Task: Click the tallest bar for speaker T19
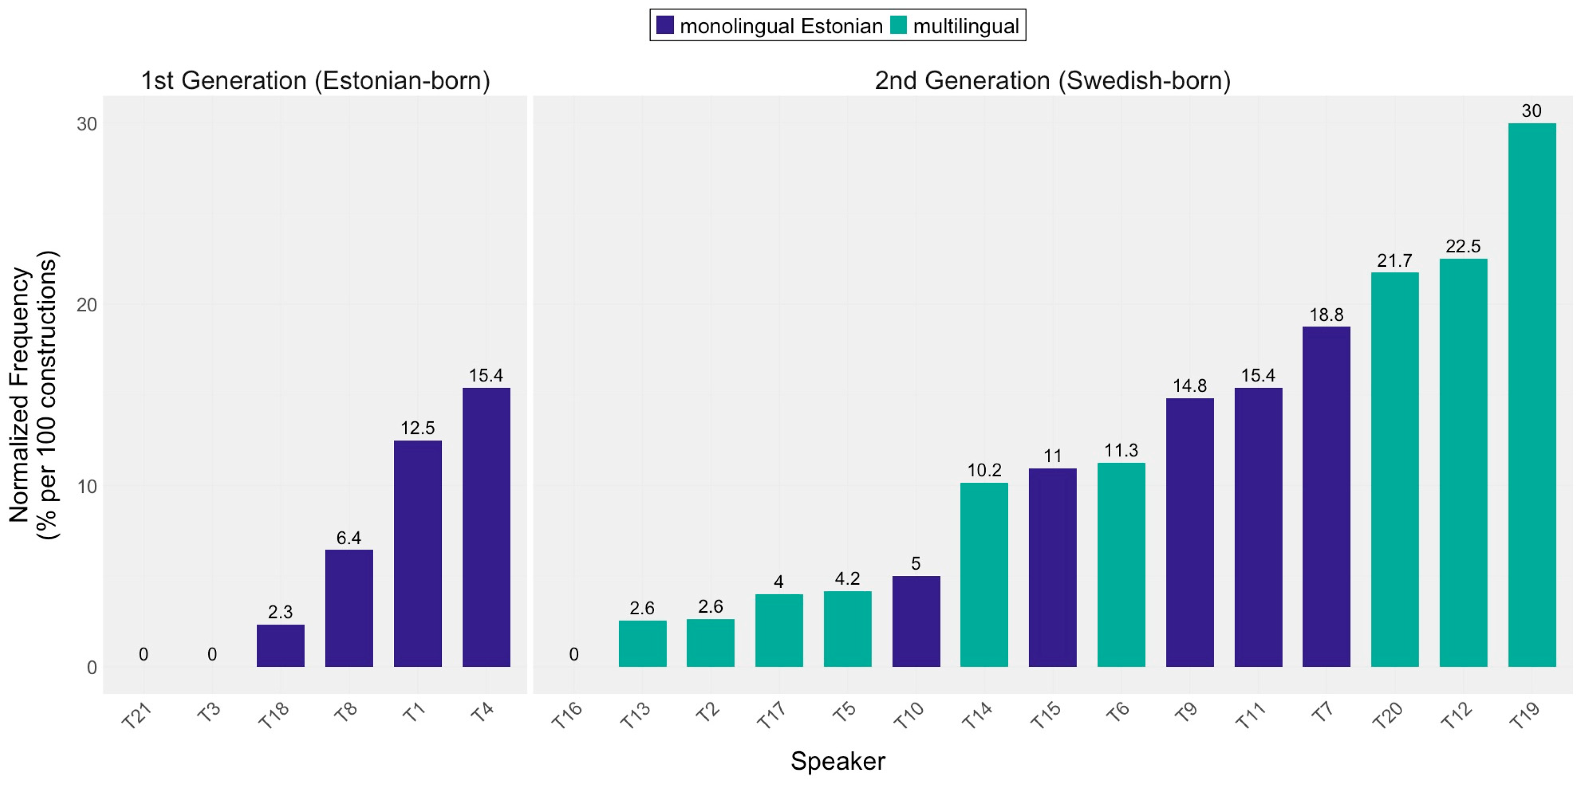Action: (1531, 394)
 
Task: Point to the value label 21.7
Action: (1394, 261)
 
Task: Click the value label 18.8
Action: (1326, 315)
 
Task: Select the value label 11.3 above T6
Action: (1121, 451)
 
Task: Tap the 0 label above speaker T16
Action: (573, 654)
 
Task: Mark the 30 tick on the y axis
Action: (87, 124)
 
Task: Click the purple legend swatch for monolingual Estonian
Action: (665, 25)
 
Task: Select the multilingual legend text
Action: (966, 26)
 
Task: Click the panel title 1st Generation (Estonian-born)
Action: (315, 81)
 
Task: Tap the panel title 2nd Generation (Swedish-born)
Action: (1052, 81)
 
